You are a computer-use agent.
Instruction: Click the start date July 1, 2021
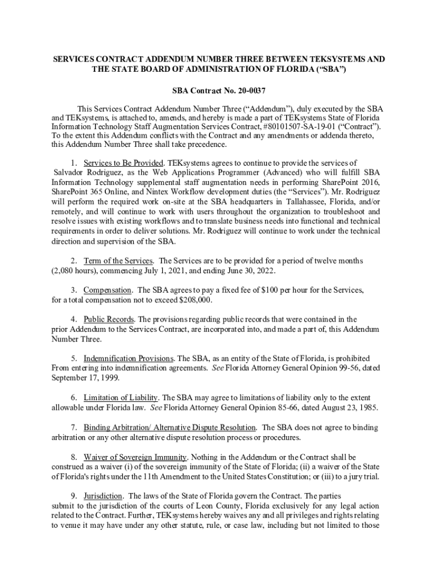point(160,270)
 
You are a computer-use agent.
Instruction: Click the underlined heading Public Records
point(109,319)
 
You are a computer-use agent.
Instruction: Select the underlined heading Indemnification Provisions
point(129,359)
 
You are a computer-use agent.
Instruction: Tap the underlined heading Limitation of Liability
point(121,398)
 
